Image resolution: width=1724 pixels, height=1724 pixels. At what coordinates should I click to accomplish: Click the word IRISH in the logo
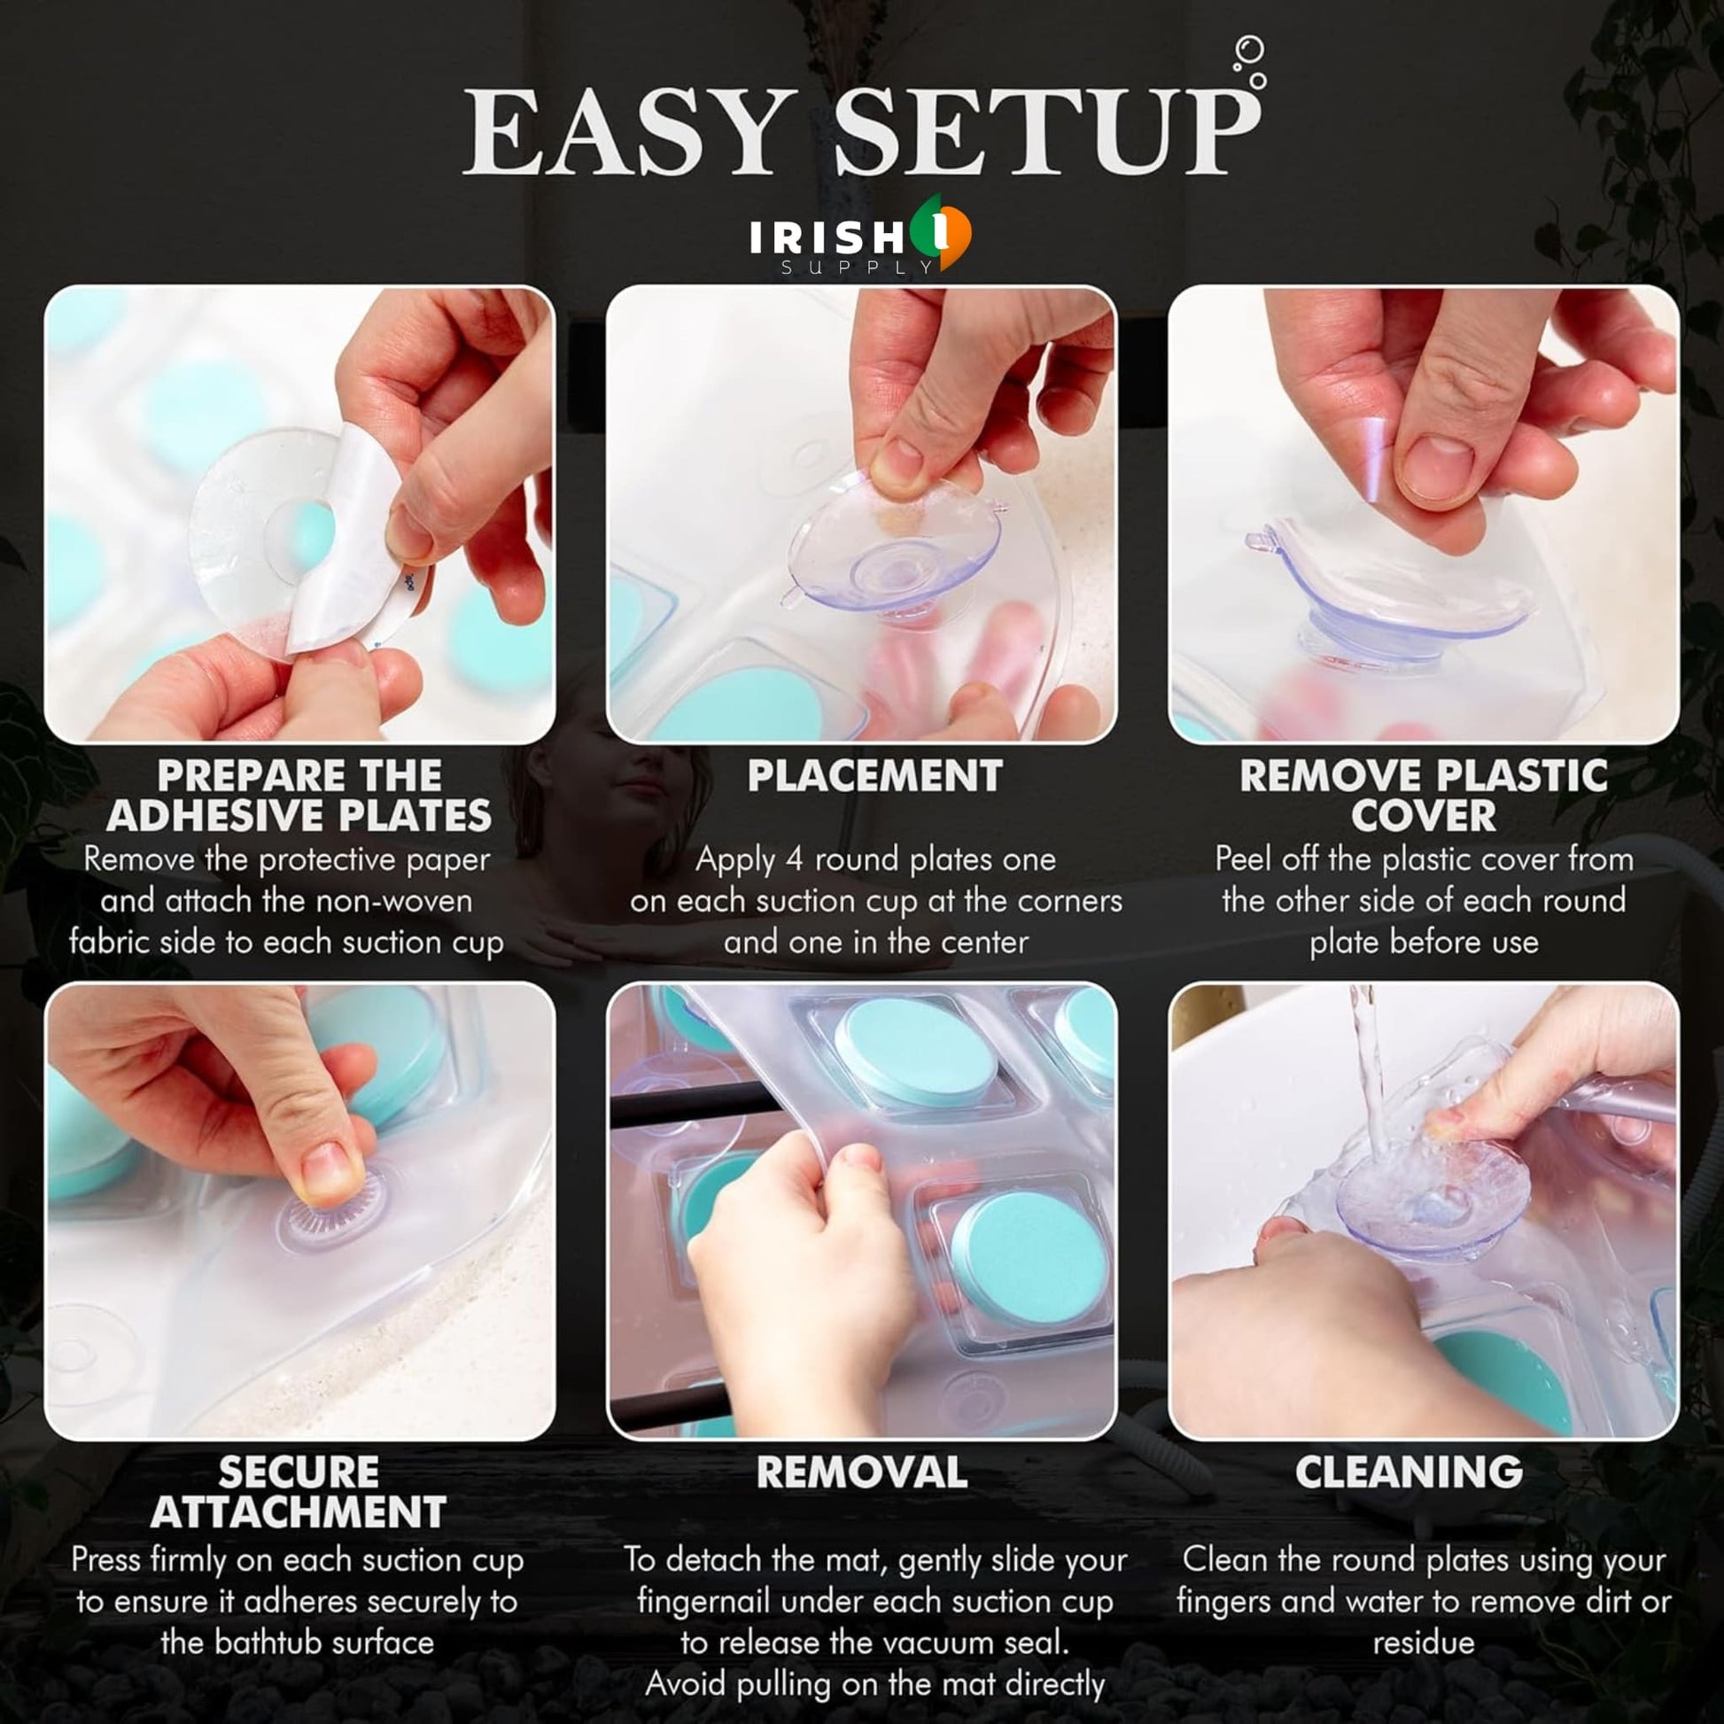point(827,238)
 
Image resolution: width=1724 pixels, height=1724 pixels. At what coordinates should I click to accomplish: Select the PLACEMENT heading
point(874,775)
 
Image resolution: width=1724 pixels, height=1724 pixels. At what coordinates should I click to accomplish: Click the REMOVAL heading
point(861,1472)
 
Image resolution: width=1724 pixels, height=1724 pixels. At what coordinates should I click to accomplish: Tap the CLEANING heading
point(1409,1472)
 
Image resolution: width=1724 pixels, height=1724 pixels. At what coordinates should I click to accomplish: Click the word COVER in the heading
point(1424,816)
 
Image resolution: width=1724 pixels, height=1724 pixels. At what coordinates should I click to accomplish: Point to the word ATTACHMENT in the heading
point(298,1511)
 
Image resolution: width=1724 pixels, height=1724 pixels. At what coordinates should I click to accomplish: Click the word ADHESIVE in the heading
point(215,816)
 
